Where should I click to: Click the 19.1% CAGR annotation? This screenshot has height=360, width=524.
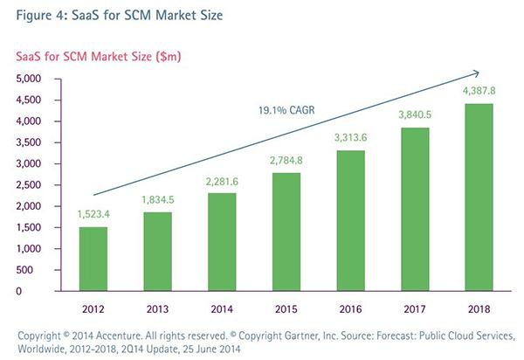(287, 110)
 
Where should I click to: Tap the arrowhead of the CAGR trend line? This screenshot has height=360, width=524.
(477, 73)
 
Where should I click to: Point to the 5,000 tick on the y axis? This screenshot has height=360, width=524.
(28, 79)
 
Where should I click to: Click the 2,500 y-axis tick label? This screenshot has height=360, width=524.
(28, 185)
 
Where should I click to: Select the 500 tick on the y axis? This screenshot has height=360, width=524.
(33, 270)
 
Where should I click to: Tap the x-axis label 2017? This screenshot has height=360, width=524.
(413, 308)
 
